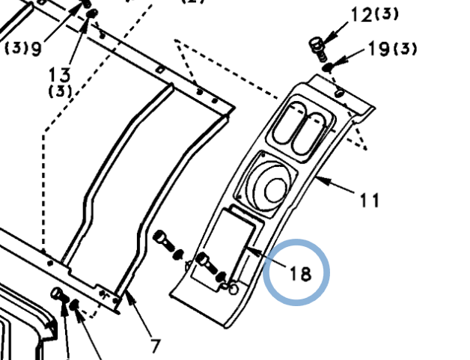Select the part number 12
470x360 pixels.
coord(361,14)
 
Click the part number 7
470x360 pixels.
coord(156,346)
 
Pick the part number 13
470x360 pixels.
coord(60,75)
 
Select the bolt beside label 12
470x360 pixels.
coord(317,47)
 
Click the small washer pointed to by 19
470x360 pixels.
coord(328,67)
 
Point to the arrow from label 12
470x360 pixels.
coord(330,31)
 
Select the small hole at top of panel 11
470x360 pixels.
coord(340,94)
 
